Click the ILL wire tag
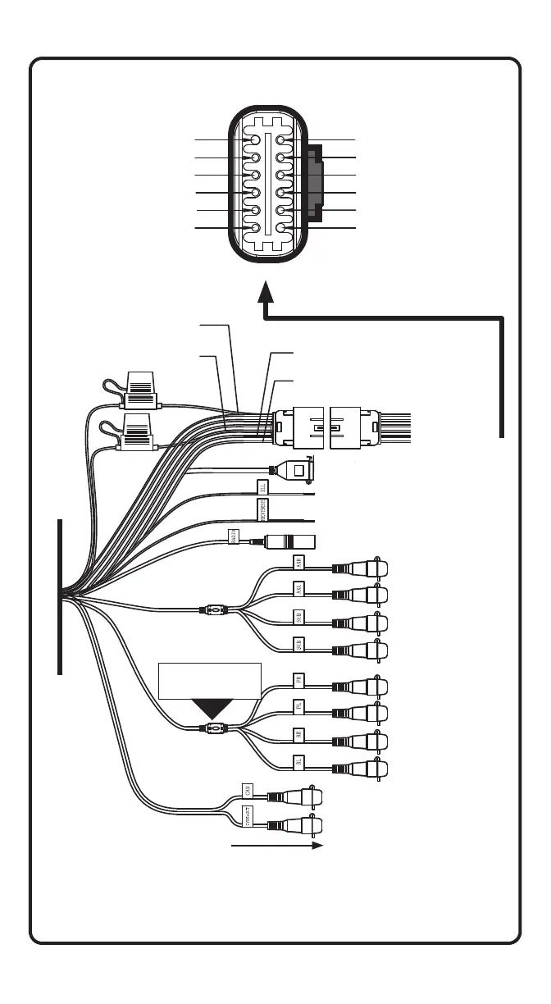(262, 488)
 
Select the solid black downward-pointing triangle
(212, 709)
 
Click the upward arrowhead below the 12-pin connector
(266, 292)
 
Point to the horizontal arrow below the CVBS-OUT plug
(279, 845)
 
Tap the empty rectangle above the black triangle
(209, 680)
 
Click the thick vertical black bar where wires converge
(60, 596)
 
